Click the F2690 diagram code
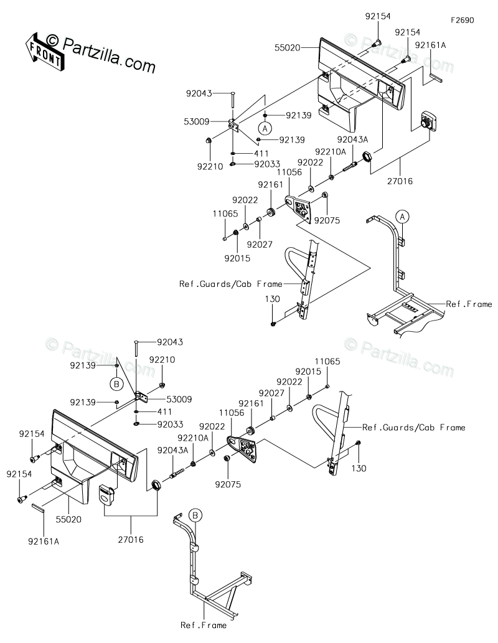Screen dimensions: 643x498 [463, 20]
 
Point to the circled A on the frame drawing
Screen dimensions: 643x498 [403, 217]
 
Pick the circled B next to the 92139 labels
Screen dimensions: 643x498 [116, 381]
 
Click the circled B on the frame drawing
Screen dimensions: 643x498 [195, 515]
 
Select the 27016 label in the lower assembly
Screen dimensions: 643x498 [130, 540]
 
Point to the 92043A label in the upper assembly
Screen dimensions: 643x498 [352, 139]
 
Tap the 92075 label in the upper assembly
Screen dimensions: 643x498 [327, 219]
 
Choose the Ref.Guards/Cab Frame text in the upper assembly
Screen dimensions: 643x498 [230, 284]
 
